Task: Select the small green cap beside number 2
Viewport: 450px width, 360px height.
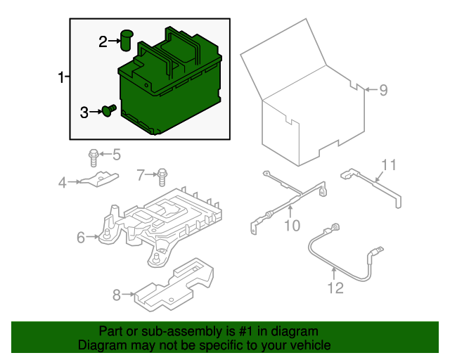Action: tap(127, 40)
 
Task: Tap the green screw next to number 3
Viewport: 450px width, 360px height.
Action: tap(109, 111)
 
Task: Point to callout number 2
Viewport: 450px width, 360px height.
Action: tap(103, 42)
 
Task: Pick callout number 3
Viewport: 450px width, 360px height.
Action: tap(84, 112)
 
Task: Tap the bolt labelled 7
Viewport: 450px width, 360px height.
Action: tap(163, 174)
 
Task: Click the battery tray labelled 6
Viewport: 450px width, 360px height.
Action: tap(165, 221)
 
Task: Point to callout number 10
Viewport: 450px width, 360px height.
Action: tap(292, 225)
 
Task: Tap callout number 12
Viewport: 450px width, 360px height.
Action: tap(335, 288)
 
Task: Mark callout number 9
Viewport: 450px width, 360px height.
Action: tap(383, 90)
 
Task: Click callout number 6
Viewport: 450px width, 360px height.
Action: tap(81, 238)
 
